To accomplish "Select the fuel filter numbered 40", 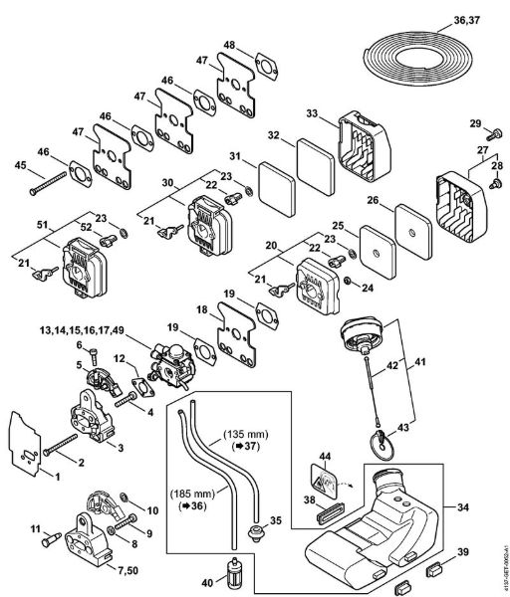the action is point(233,570).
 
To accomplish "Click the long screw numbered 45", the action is point(48,183).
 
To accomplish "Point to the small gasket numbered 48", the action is point(266,67).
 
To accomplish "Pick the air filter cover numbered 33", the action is point(363,146).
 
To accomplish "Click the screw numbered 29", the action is point(495,134).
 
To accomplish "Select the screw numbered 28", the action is point(495,184).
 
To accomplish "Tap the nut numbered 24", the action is point(348,282).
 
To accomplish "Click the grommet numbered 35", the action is point(255,530).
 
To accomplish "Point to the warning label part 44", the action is point(325,481).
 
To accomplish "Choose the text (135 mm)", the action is point(245,434).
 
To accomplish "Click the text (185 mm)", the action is point(192,495).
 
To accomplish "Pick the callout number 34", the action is point(463,507).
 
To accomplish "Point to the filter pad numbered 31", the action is point(278,189).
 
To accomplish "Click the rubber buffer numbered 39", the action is point(433,570).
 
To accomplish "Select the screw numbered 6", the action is point(94,356).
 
